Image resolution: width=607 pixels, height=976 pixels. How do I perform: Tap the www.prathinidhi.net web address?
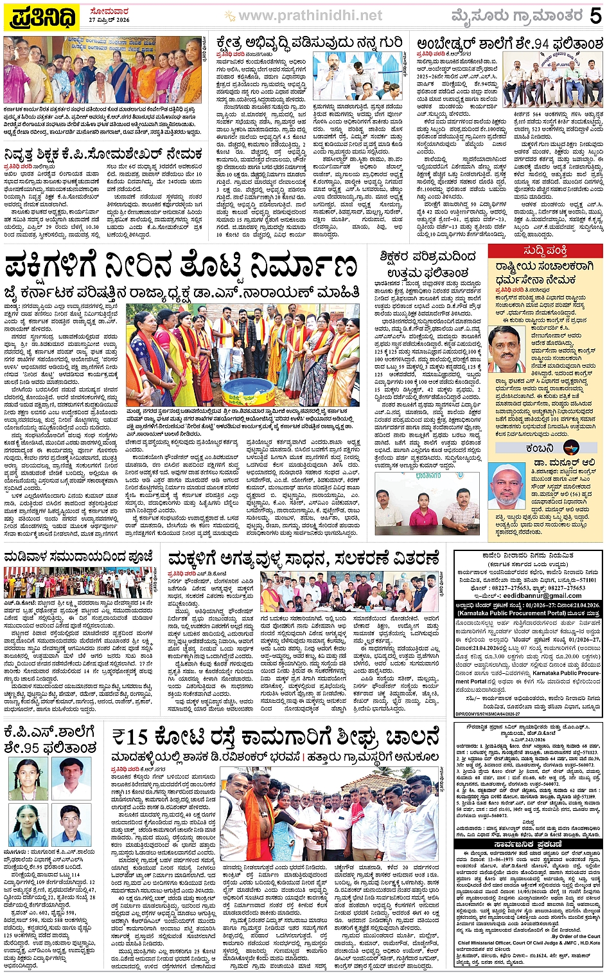(310, 15)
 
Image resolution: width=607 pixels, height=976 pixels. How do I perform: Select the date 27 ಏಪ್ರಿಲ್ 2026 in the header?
(109, 21)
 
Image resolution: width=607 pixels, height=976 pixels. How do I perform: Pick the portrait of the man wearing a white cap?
(510, 485)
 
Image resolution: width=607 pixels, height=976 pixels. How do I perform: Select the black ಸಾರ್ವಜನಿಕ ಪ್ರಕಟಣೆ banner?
(528, 844)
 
